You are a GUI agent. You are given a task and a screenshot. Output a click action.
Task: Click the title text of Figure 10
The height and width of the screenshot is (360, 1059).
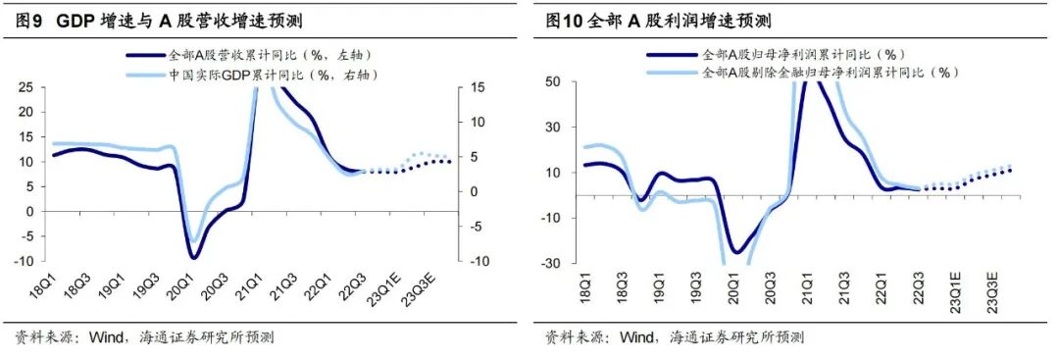click(x=658, y=21)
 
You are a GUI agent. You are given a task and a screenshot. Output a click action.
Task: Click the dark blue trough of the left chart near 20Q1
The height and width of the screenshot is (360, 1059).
click(x=195, y=258)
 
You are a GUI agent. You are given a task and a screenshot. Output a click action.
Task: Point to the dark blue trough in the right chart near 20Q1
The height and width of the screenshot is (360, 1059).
click(x=735, y=252)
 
